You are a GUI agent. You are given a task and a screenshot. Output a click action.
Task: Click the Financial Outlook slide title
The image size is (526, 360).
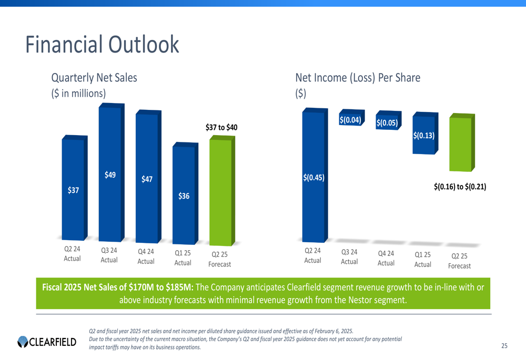point(102,45)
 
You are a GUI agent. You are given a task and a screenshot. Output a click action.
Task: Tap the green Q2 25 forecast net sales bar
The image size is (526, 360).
point(220,192)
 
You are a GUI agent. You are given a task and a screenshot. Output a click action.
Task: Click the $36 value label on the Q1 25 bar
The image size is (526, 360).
point(184,196)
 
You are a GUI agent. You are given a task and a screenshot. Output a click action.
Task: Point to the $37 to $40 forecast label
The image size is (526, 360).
point(221,127)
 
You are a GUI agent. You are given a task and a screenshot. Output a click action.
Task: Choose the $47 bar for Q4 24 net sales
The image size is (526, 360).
point(147,179)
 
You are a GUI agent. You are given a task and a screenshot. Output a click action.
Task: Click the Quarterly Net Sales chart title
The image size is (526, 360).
point(94,78)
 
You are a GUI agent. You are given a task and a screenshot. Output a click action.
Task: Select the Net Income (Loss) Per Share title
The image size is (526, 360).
point(358,78)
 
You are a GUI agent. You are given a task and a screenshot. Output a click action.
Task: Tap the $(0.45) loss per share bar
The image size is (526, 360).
point(313,177)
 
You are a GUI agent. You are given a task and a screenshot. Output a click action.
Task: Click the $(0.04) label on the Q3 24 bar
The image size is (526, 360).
point(350,120)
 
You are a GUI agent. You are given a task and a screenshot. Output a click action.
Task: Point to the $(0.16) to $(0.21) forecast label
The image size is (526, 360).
point(460,186)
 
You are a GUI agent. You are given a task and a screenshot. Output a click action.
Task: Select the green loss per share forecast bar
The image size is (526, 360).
point(460,145)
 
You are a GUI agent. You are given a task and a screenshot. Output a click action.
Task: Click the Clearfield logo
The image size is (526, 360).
point(47,343)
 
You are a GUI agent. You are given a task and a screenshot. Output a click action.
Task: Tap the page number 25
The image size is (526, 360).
point(504,345)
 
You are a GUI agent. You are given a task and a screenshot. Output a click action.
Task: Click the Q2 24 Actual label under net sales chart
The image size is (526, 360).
point(72,254)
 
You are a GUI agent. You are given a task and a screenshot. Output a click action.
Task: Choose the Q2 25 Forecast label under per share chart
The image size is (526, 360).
point(460,261)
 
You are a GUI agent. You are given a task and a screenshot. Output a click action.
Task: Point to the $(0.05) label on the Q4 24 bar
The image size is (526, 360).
point(387,122)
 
